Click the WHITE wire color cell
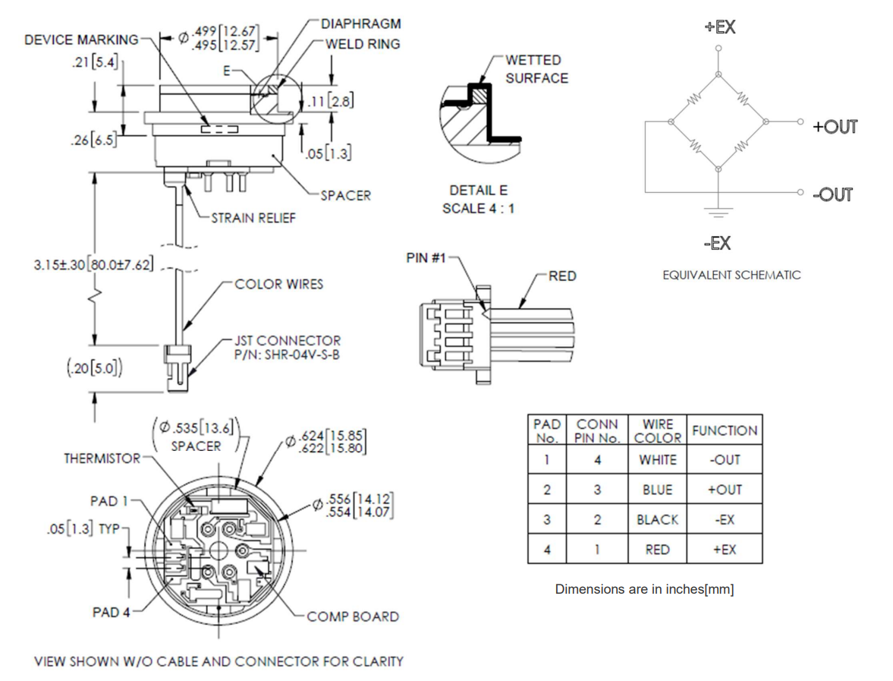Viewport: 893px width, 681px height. [x=657, y=460]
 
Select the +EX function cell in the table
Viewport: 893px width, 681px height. [x=724, y=550]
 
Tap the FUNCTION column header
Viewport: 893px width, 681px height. [x=724, y=430]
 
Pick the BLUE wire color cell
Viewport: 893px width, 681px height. [x=657, y=490]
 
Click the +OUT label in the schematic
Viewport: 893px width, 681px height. [x=835, y=127]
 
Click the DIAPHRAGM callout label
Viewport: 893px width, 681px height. [x=360, y=24]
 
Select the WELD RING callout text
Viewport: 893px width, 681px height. [x=362, y=44]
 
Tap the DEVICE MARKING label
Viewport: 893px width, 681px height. [x=81, y=39]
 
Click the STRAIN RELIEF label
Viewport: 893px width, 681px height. [x=253, y=218]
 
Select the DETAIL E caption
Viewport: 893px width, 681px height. [x=478, y=191]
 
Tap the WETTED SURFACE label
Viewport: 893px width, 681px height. [x=536, y=68]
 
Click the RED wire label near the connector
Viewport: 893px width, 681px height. [x=561, y=276]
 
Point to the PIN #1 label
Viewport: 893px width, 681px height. [x=426, y=258]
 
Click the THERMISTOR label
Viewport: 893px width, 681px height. [x=102, y=459]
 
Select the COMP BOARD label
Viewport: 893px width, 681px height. [x=352, y=616]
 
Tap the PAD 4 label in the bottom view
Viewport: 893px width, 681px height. [x=111, y=612]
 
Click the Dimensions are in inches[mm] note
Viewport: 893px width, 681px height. [x=644, y=589]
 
